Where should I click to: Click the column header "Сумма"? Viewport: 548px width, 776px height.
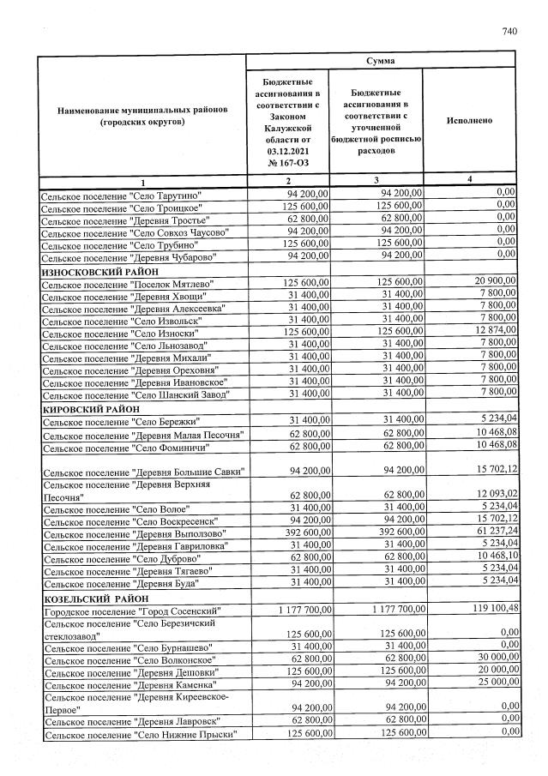380,61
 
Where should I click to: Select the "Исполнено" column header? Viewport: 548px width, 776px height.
469,121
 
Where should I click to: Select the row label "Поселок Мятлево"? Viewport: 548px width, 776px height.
128,283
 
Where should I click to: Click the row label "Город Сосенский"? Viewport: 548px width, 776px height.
132,611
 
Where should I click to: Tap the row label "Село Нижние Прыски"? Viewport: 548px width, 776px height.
142,735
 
